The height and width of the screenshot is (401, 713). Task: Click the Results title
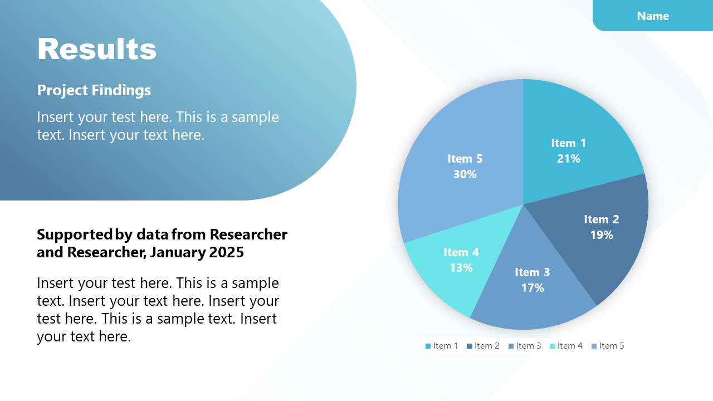coord(97,49)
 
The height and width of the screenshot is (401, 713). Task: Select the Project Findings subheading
coord(94,90)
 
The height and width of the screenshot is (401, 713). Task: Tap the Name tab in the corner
coord(652,16)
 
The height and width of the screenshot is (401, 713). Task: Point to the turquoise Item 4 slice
coord(440,278)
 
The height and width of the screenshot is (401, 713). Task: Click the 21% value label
coord(568,159)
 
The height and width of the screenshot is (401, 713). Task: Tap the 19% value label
coord(601,235)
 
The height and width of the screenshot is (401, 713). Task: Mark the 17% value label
coord(532,288)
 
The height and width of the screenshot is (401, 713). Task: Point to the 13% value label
coord(461,268)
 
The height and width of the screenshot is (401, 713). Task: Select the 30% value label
coord(465,174)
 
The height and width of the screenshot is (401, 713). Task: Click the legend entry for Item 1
coord(442,346)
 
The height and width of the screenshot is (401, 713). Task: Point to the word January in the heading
coord(178,252)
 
